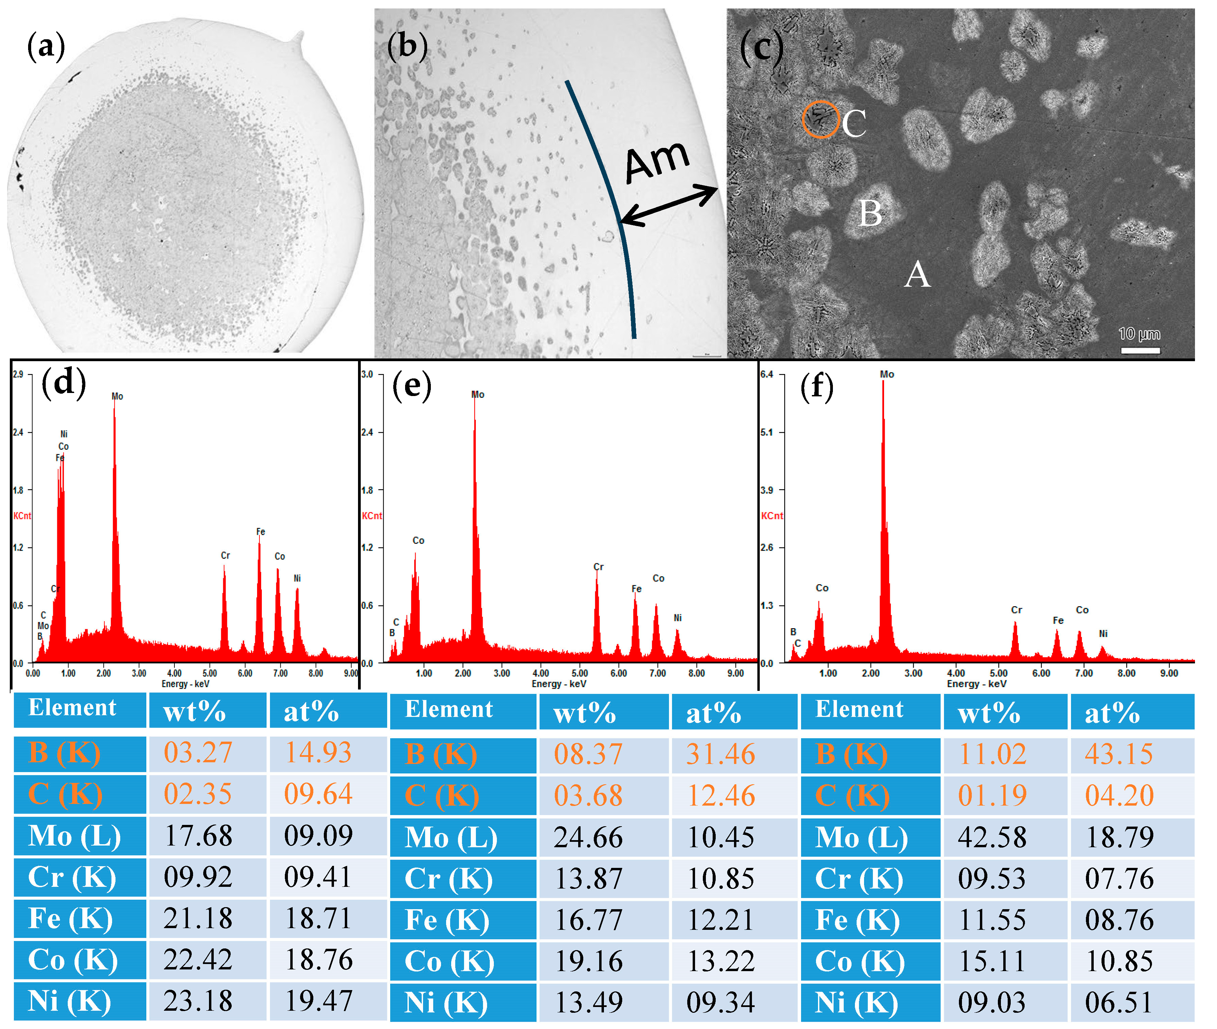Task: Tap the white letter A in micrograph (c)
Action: (x=917, y=273)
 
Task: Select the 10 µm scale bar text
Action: (x=1139, y=334)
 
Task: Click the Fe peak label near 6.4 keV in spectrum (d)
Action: (x=260, y=531)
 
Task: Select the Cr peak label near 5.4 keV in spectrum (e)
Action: (x=598, y=566)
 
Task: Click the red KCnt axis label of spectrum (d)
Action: (x=22, y=516)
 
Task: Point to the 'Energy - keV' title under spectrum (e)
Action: (x=559, y=683)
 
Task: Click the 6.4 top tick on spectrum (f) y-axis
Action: (x=767, y=374)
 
